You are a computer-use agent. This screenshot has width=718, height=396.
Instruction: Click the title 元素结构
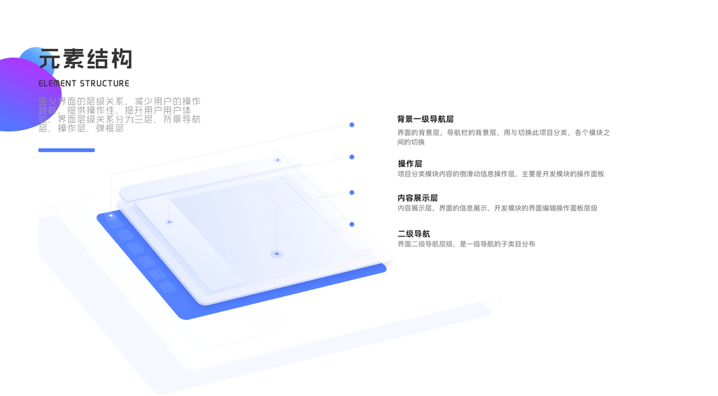pyautogui.click(x=85, y=59)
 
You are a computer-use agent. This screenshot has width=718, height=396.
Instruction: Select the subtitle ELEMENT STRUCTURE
pyautogui.click(x=84, y=84)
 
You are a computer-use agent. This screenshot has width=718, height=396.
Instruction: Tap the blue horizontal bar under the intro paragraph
pyautogui.click(x=66, y=150)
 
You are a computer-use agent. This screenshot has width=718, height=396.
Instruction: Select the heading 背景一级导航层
pyautogui.click(x=425, y=119)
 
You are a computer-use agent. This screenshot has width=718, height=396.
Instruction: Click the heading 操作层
pyautogui.click(x=410, y=164)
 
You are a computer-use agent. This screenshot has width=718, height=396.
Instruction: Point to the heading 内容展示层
pyautogui.click(x=417, y=198)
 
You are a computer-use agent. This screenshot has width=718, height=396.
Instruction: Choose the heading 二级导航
pyautogui.click(x=413, y=234)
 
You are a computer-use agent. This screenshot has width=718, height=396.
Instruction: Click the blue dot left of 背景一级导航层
pyautogui.click(x=352, y=125)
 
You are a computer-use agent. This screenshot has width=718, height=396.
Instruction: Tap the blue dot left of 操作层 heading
pyautogui.click(x=352, y=157)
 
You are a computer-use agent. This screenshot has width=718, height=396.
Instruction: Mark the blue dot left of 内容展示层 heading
pyautogui.click(x=352, y=193)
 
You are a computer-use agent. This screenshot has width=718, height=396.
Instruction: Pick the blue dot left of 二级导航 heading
pyautogui.click(x=352, y=224)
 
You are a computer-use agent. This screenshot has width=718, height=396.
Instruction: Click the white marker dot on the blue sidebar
pyautogui.click(x=111, y=216)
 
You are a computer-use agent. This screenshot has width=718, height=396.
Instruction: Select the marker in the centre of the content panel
pyautogui.click(x=276, y=253)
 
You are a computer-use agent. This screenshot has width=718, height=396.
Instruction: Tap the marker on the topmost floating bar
pyautogui.click(x=277, y=160)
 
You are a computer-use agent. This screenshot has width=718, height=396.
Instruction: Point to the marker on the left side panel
pyautogui.click(x=169, y=222)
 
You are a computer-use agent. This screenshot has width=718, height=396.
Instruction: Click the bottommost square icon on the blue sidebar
pyautogui.click(x=168, y=287)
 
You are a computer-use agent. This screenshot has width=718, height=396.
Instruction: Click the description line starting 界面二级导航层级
pyautogui.click(x=466, y=244)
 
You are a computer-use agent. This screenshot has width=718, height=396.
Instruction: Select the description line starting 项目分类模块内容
pyautogui.click(x=500, y=174)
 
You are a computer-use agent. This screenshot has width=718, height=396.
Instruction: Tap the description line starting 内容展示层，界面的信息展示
pyautogui.click(x=497, y=208)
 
